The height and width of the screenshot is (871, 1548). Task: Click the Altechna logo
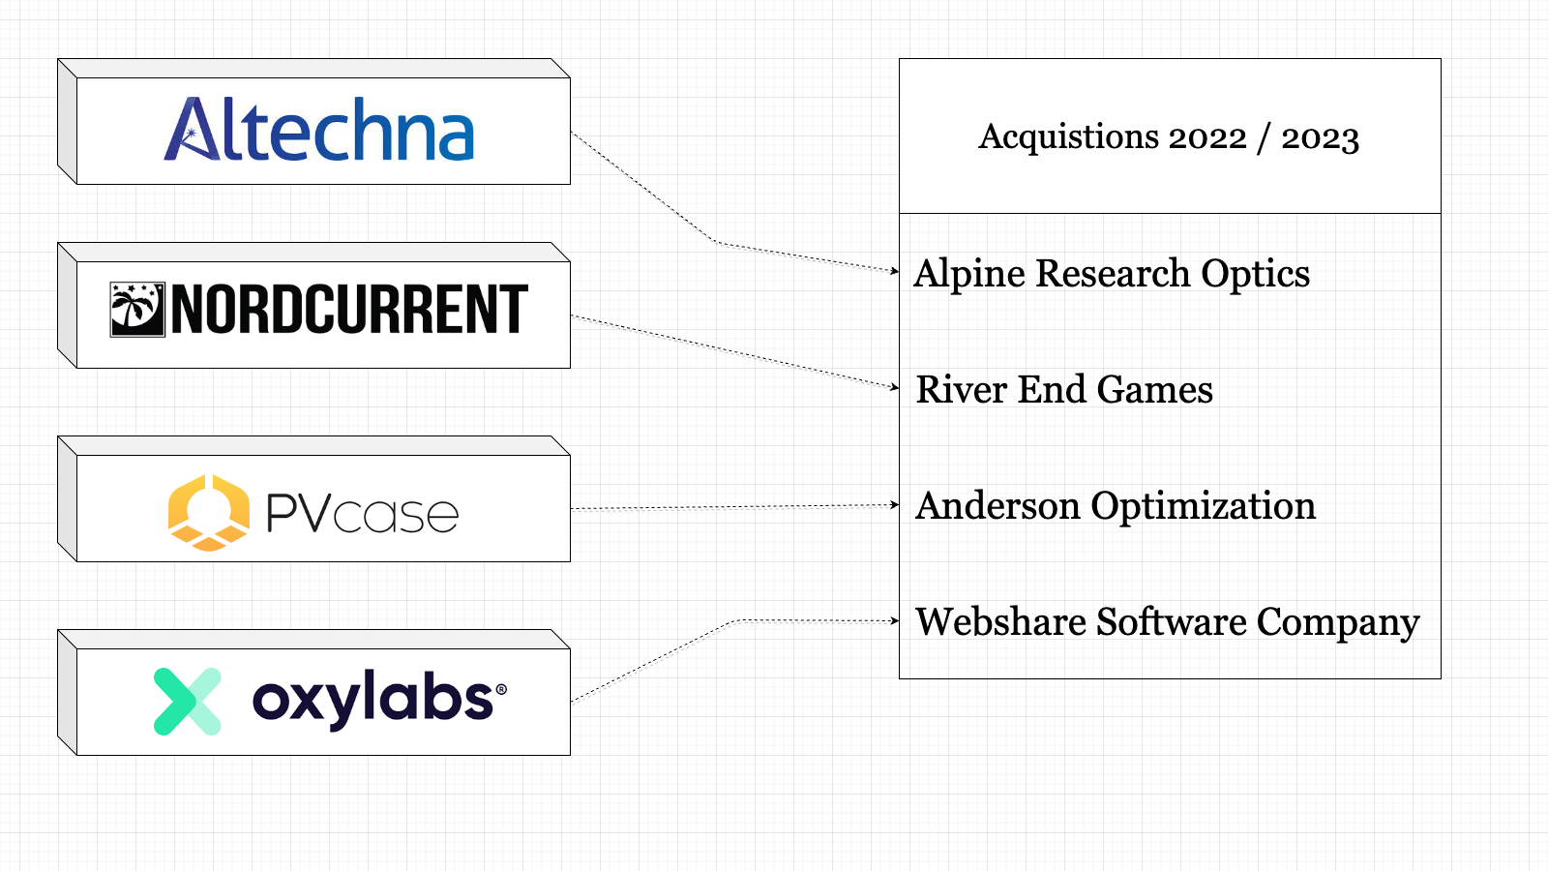[319, 130]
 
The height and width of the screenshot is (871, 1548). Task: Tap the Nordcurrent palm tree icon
[137, 310]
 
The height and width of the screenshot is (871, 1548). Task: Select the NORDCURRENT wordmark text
[349, 310]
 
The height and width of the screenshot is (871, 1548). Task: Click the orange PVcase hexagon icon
[208, 512]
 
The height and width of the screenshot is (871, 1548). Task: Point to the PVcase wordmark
[362, 513]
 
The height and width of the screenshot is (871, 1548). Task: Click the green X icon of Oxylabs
[188, 702]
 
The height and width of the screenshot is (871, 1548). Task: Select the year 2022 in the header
[1207, 137]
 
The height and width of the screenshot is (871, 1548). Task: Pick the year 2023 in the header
[1321, 137]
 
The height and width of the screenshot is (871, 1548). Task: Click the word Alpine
[969, 274]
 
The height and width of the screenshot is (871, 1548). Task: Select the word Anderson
[997, 505]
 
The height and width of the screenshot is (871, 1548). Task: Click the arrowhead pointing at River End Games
[895, 387]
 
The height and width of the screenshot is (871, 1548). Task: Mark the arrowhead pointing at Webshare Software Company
[895, 620]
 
